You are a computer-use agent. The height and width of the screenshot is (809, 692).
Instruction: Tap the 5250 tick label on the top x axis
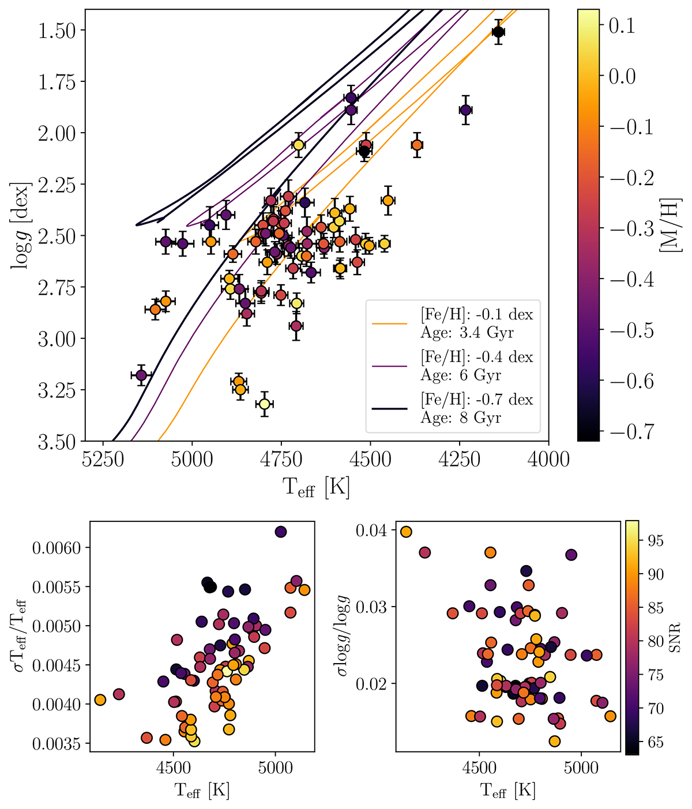pyautogui.click(x=103, y=460)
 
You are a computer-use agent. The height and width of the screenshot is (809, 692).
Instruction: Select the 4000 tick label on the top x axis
pyautogui.click(x=548, y=460)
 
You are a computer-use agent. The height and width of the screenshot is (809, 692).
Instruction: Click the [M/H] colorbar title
pyautogui.click(x=671, y=225)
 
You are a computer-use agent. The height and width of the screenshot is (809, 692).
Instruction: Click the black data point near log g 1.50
pyautogui.click(x=498, y=32)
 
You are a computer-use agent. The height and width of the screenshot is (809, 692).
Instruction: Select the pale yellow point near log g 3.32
pyautogui.click(x=264, y=404)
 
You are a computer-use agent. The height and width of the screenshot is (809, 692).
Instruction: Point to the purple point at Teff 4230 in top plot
pyautogui.click(x=465, y=110)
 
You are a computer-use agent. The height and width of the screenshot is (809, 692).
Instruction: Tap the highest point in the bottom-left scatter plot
pyautogui.click(x=281, y=532)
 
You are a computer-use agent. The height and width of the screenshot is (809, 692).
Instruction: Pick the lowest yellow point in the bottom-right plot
pyautogui.click(x=555, y=741)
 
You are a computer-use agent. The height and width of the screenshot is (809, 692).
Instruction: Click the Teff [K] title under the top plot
pyautogui.click(x=316, y=488)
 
